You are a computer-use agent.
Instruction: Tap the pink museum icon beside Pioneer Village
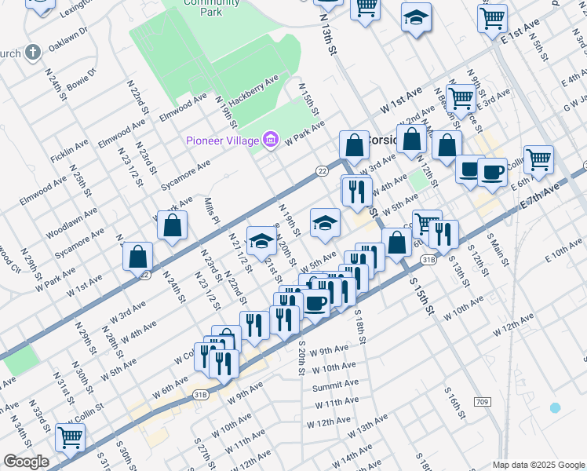coord(271,141)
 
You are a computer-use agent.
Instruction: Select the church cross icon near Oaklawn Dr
coord(32,53)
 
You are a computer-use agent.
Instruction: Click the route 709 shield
coord(483,402)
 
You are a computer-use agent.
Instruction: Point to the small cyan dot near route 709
coord(556,407)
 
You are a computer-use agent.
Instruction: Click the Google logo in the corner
coord(26,462)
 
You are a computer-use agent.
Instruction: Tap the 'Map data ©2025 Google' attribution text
coord(538,465)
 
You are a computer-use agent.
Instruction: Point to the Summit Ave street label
coord(335,385)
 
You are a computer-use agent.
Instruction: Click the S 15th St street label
coord(420,290)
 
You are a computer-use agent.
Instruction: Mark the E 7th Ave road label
coord(541,198)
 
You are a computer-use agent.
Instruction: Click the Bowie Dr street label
coord(82,82)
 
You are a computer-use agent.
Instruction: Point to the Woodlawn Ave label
coord(71,222)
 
